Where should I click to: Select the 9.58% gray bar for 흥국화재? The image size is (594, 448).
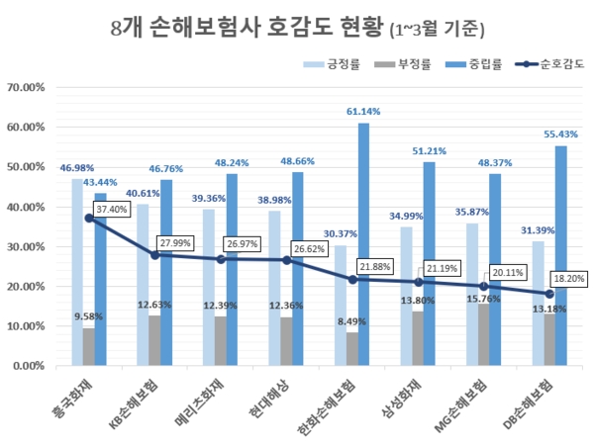(x=88, y=346)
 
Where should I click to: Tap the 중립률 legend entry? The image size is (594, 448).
(x=482, y=66)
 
